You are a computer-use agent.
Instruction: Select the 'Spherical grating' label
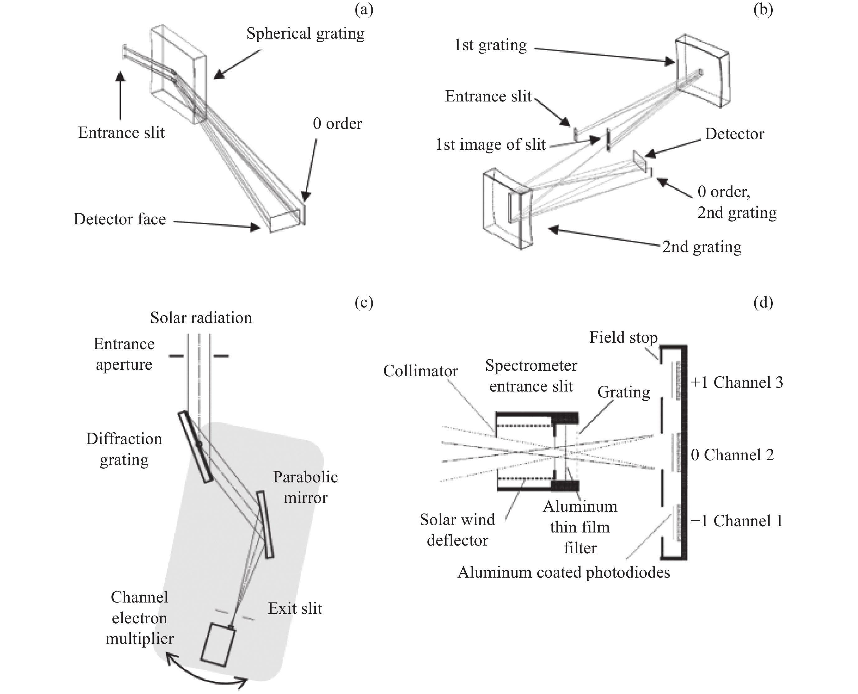(305, 34)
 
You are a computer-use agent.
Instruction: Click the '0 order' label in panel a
(337, 124)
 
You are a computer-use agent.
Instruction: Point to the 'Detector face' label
(120, 219)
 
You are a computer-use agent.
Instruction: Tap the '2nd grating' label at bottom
(702, 247)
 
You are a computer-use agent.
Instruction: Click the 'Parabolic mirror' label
(305, 487)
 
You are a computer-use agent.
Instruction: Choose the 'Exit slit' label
(295, 608)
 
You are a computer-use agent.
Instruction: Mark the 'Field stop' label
(623, 338)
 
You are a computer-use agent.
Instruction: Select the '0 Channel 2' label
(732, 455)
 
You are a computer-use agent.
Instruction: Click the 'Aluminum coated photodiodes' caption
(563, 572)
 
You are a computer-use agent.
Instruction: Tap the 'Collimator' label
(420, 371)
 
